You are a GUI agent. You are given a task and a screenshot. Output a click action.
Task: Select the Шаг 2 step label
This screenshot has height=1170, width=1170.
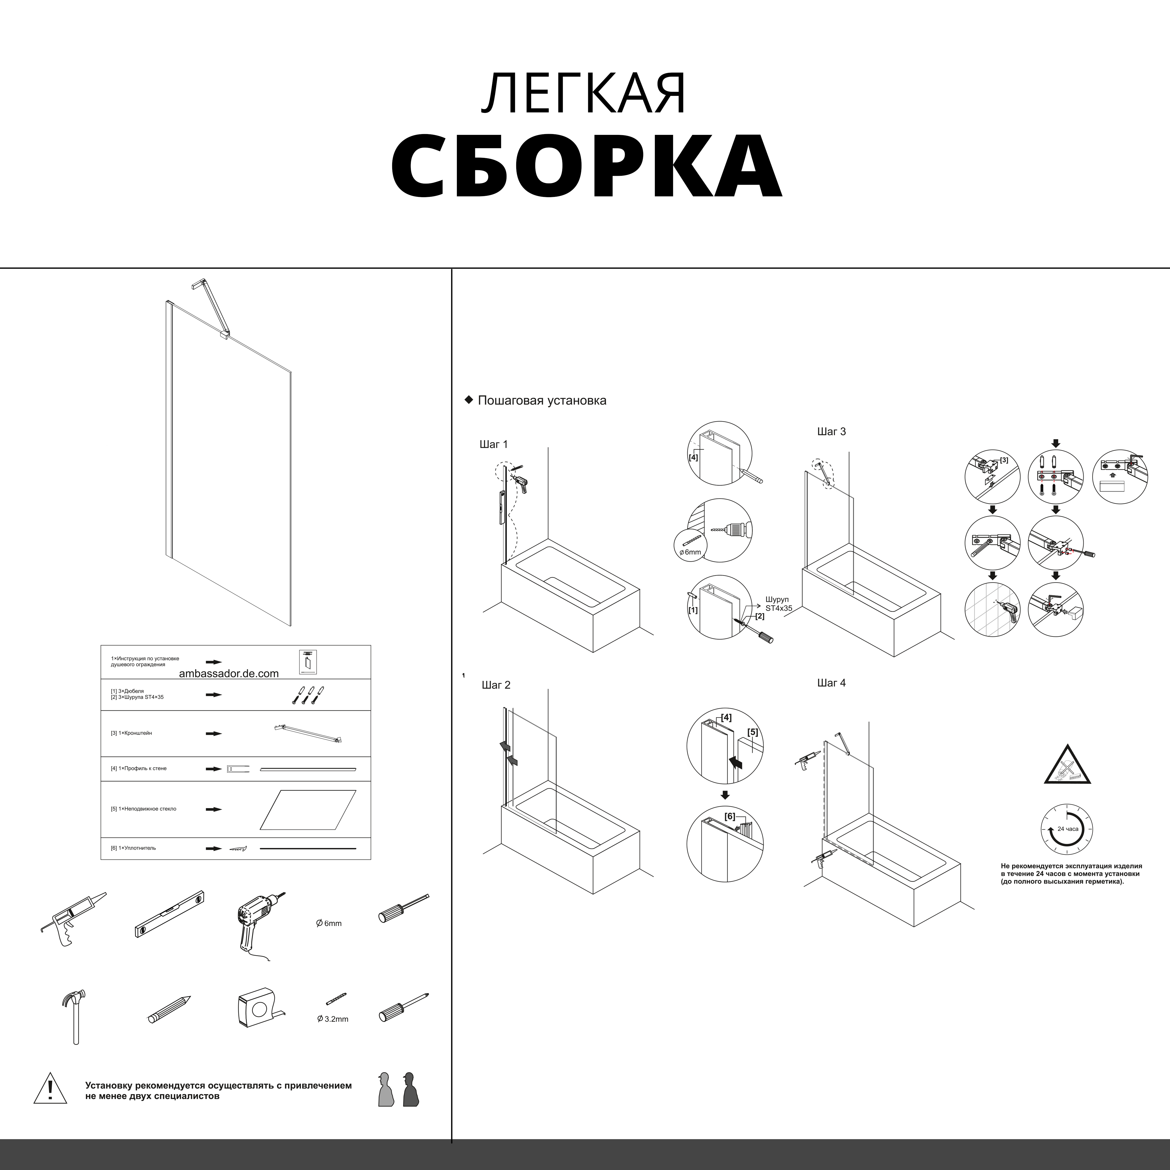(496, 685)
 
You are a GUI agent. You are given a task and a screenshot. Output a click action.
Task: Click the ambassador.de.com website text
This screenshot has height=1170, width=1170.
(229, 673)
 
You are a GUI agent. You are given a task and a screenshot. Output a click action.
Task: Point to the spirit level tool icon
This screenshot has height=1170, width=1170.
(169, 914)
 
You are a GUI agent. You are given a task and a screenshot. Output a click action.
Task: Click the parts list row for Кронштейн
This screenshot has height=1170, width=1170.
(236, 733)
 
